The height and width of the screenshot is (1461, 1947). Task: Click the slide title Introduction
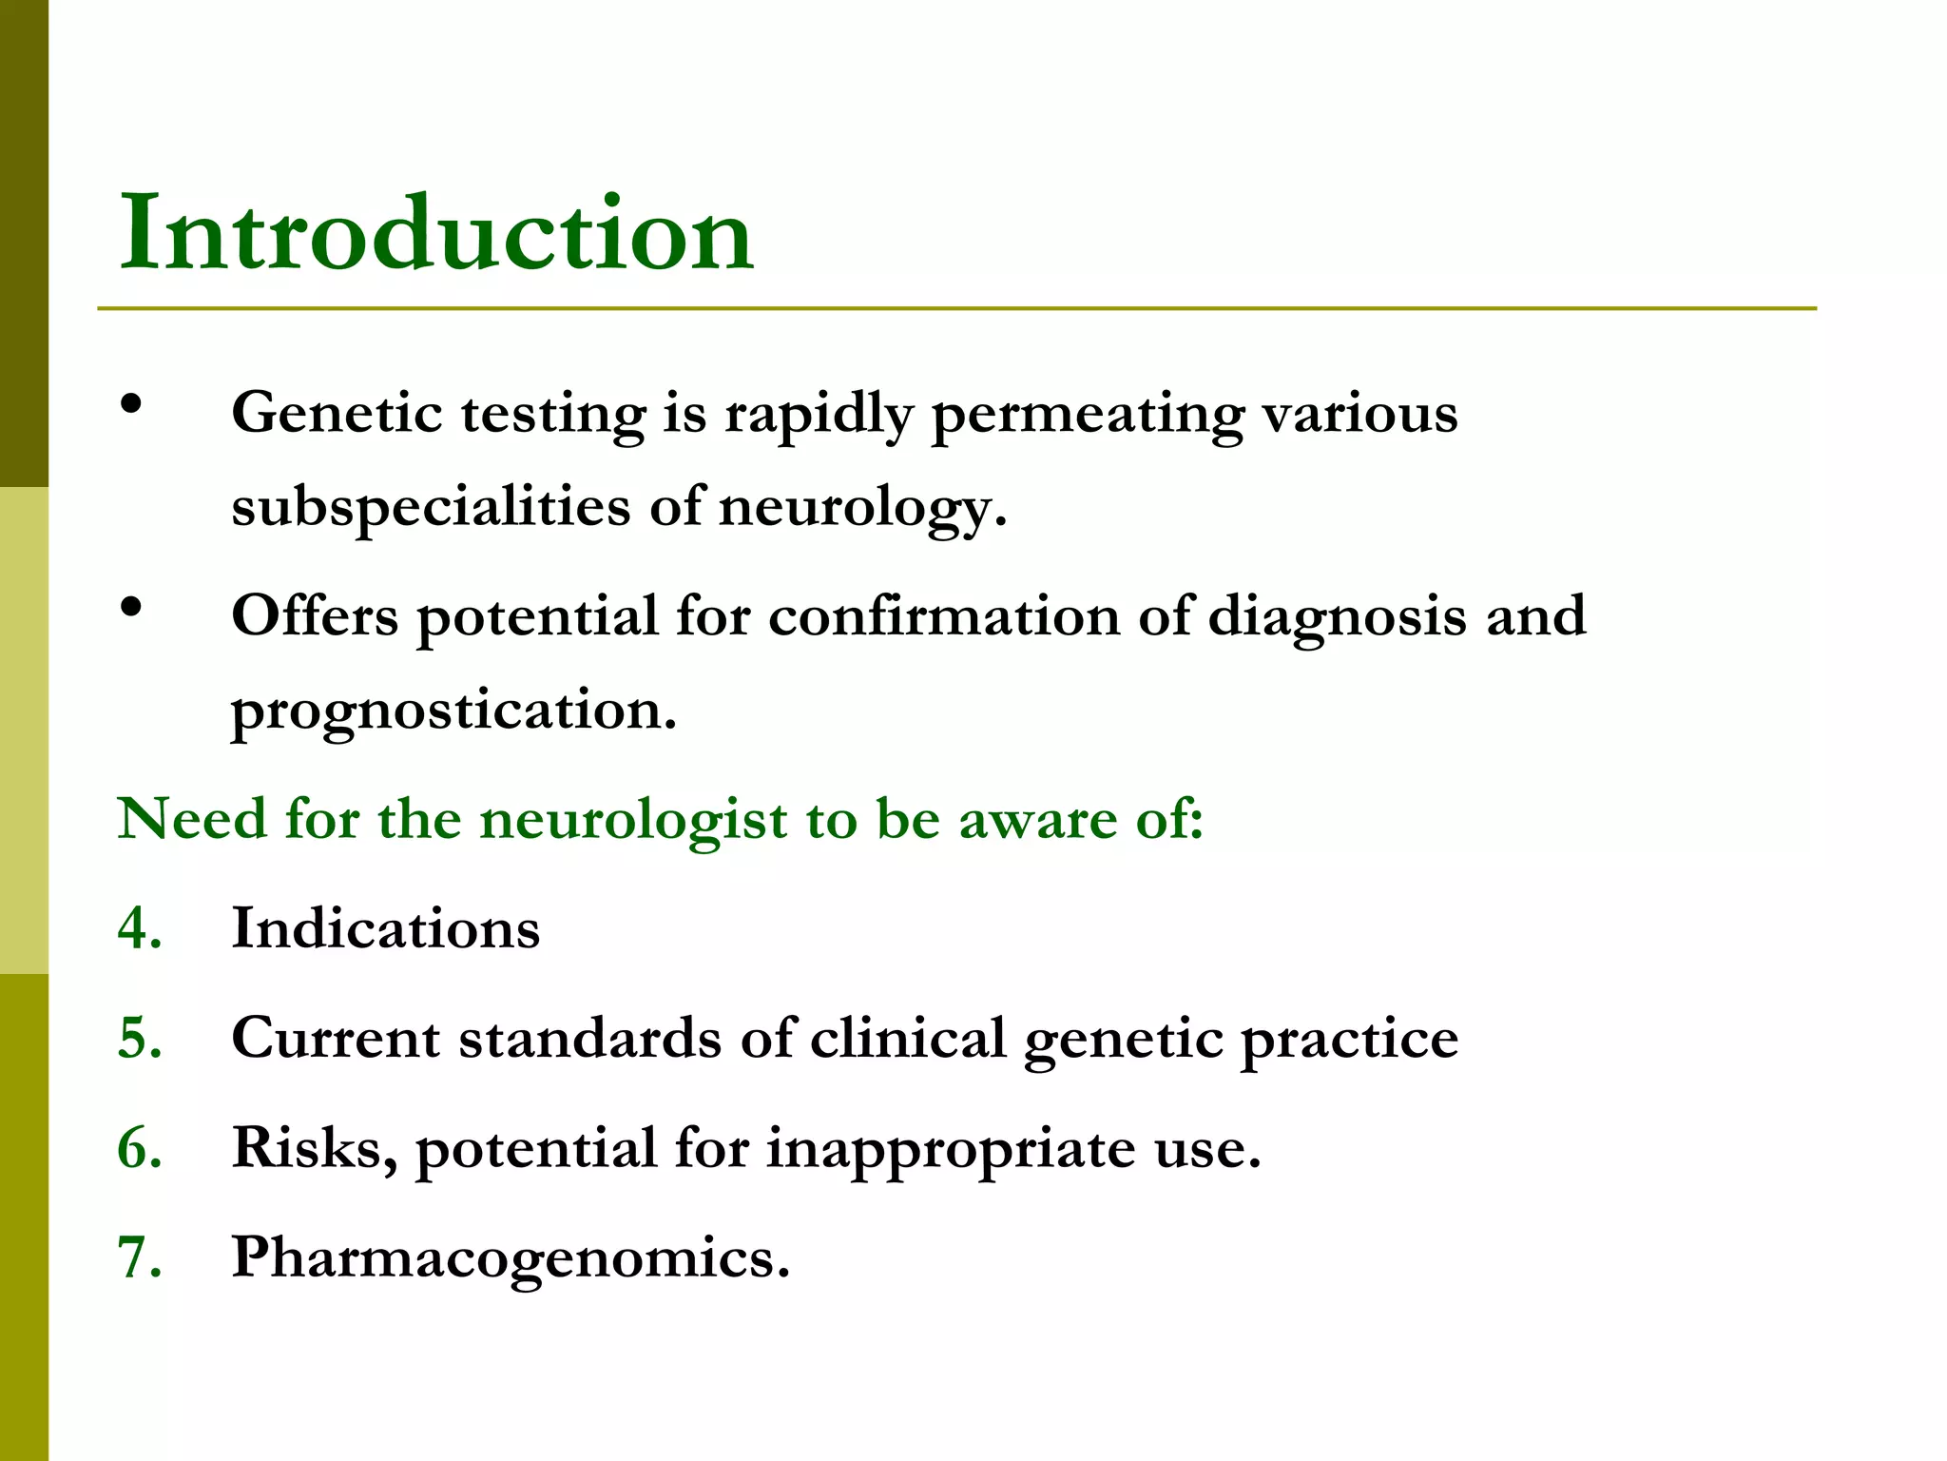pos(436,233)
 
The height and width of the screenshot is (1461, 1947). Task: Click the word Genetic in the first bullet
pos(337,414)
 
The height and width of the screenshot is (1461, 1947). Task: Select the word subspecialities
pos(430,507)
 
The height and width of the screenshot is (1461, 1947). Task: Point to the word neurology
pos(859,507)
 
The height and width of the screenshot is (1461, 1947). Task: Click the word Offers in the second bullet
pos(315,615)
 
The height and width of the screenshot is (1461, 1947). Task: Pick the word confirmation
pos(944,615)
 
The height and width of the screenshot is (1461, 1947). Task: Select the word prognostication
pos(453,711)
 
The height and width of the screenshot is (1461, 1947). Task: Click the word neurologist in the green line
pos(633,820)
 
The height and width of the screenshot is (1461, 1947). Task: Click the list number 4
pos(138,928)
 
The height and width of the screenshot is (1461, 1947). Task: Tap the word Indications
pos(386,928)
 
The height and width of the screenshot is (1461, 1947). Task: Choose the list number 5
pos(138,1038)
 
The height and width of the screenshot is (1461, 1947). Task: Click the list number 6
pos(138,1147)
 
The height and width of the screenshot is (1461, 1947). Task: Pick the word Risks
pos(314,1147)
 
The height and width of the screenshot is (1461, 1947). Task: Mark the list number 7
pos(138,1257)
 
